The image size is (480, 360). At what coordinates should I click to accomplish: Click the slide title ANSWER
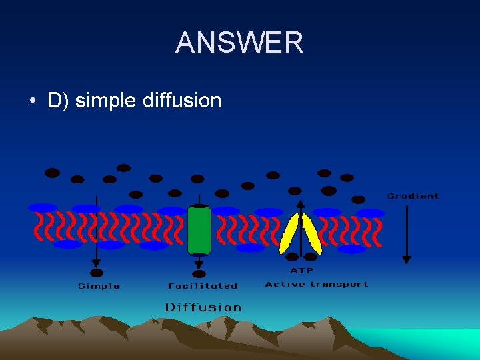pos(239,43)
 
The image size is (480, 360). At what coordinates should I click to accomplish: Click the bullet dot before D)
pos(32,101)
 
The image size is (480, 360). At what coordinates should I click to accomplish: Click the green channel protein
pos(199,230)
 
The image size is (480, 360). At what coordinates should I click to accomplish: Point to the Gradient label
pos(413,196)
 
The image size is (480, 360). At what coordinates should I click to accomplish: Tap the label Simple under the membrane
pos(99,286)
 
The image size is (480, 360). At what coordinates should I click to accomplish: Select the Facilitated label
pos(203,286)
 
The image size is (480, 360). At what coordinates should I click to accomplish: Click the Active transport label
pos(317,284)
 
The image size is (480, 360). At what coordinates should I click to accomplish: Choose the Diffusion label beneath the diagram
pos(203,307)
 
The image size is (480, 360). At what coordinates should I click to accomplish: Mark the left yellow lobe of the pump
pos(289,234)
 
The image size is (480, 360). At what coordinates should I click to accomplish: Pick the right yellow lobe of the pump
pos(312,234)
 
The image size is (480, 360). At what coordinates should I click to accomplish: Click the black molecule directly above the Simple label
pos(97,273)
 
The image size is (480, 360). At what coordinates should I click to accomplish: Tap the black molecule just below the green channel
pos(199,273)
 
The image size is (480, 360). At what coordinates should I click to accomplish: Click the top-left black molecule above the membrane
pos(52,173)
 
